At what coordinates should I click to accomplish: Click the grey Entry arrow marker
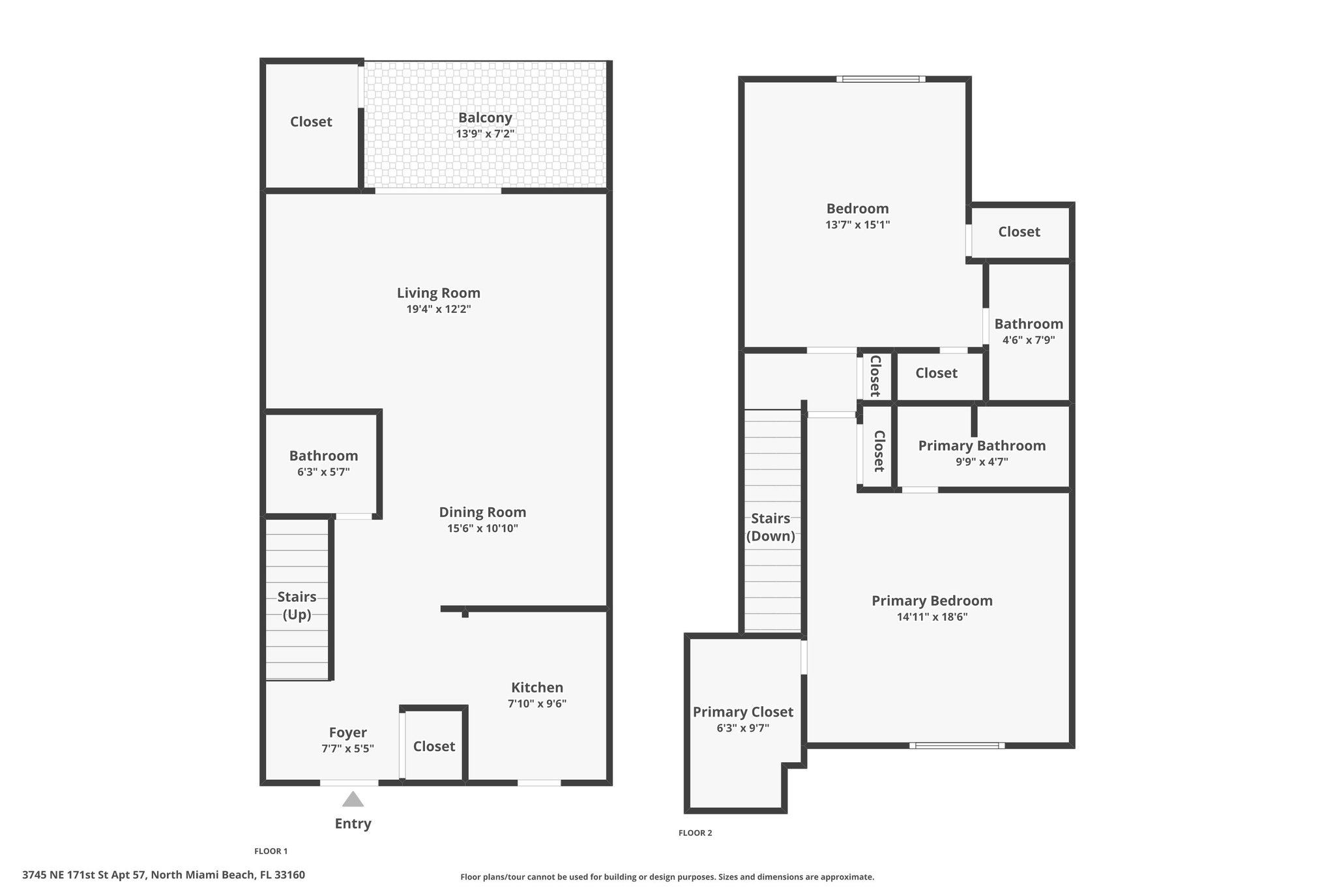click(x=353, y=799)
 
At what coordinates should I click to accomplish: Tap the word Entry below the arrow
click(x=353, y=823)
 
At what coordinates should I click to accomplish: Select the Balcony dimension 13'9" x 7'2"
click(x=485, y=134)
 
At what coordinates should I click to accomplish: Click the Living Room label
click(x=439, y=293)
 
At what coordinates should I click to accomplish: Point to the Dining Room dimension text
click(x=482, y=528)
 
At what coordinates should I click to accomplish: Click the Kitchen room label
click(x=537, y=687)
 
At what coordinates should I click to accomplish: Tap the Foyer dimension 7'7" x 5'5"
click(x=347, y=749)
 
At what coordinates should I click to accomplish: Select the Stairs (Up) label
click(x=297, y=606)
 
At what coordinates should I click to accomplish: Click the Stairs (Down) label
click(x=770, y=527)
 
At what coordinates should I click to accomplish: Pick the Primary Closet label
click(x=743, y=712)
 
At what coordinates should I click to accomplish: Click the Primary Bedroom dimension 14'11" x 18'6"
click(x=932, y=617)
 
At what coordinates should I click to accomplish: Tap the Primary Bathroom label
click(x=982, y=445)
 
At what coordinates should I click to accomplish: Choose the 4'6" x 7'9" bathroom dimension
click(x=1029, y=340)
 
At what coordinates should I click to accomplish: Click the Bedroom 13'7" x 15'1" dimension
click(x=857, y=225)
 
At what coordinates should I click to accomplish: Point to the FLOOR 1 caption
click(x=271, y=851)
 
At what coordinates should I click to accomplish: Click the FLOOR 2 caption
click(x=695, y=833)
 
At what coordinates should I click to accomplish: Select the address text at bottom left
click(x=164, y=875)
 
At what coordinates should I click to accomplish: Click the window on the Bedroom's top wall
click(x=881, y=79)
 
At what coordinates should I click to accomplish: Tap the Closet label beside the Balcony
click(x=311, y=122)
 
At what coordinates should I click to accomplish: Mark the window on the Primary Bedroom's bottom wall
click(x=957, y=745)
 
